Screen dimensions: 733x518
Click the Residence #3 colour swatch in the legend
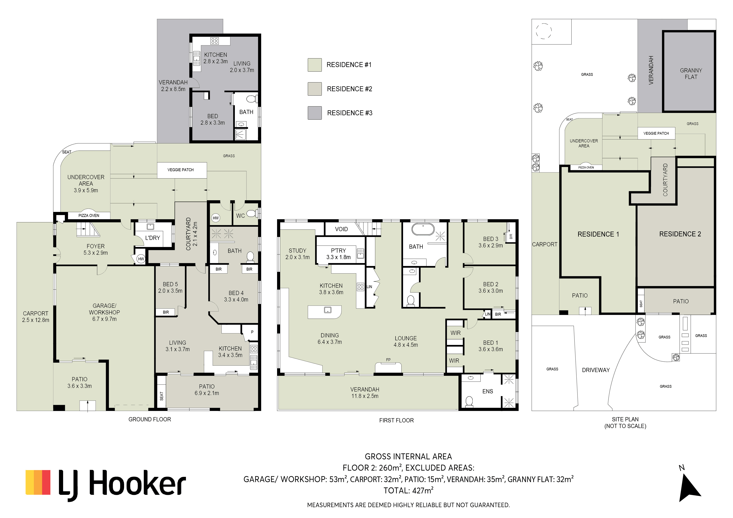coord(314,113)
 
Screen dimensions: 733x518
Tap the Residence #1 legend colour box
coord(314,65)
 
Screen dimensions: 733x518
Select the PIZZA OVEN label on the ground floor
coord(89,216)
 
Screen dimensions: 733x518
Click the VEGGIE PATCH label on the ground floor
coord(181,170)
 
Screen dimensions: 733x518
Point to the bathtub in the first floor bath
coord(423,229)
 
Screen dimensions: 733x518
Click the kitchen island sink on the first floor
coord(328,310)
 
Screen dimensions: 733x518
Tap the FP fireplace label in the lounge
coord(388,360)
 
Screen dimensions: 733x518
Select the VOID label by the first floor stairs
coord(341,229)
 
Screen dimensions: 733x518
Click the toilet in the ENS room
coord(469,401)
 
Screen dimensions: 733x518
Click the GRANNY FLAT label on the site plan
coord(691,74)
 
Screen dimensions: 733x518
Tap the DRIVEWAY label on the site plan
coord(596,370)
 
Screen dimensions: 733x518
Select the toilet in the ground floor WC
coord(252,213)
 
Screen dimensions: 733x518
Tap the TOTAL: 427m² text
coord(408,491)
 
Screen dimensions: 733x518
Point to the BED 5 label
coord(170,284)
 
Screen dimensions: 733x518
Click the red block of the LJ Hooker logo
coord(46,482)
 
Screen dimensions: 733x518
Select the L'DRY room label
coord(153,238)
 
